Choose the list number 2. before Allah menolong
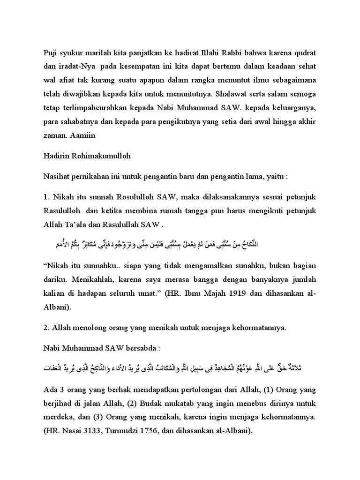coord(46,328)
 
